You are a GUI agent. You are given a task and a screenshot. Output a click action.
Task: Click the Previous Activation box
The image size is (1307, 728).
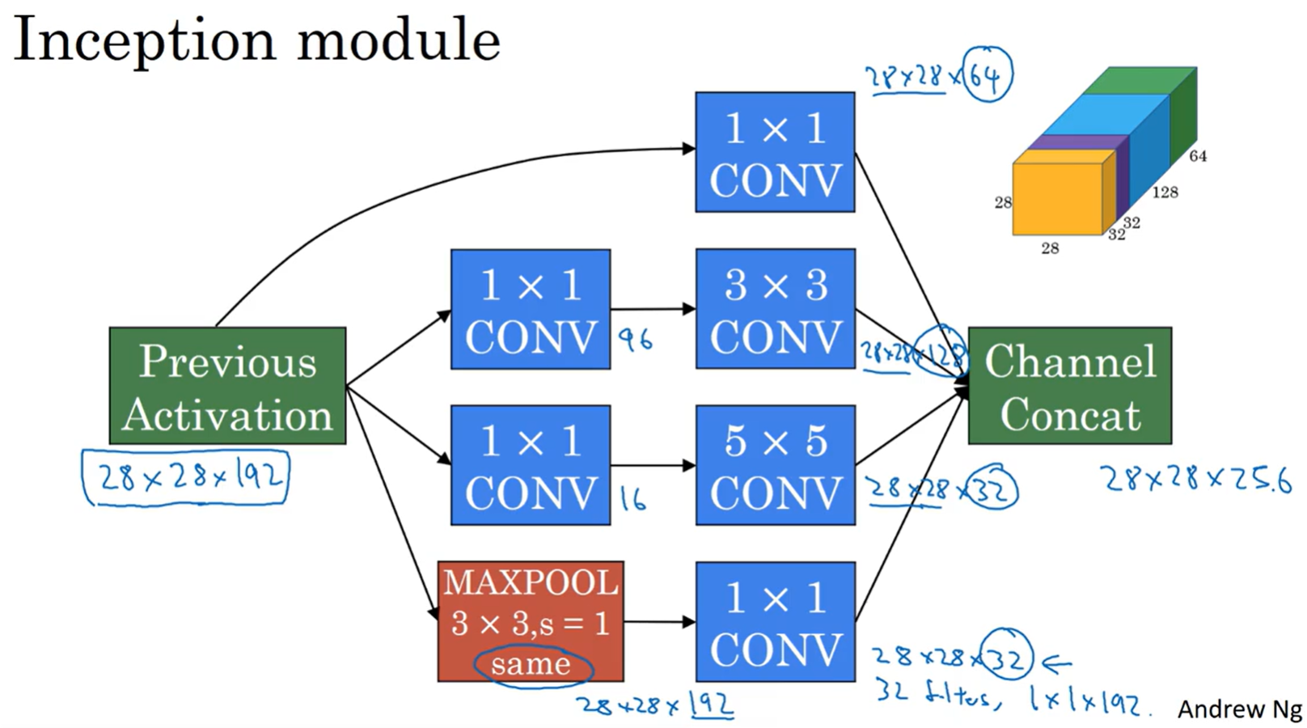[x=227, y=386]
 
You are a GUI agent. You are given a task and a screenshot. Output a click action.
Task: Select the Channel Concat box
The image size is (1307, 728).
[x=1069, y=386]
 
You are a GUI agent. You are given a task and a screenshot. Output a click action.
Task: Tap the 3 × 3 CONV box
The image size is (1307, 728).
[x=775, y=309]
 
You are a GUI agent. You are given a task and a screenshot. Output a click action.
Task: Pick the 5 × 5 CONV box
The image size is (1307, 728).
[x=775, y=465]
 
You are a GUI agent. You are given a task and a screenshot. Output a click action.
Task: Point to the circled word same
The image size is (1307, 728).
[x=531, y=665]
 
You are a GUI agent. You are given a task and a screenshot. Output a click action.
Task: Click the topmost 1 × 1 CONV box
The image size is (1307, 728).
[x=775, y=152]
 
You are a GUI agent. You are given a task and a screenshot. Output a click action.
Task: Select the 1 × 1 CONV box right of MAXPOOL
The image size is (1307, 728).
[x=775, y=621]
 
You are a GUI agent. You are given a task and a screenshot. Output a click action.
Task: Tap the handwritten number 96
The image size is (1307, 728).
[x=636, y=340]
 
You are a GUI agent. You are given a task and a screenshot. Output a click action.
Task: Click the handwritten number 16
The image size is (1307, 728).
[x=633, y=499]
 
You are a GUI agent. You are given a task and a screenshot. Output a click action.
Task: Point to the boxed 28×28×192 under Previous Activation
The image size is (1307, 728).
[x=186, y=477]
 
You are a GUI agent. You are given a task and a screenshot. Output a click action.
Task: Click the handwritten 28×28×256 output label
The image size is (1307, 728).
[x=1195, y=480]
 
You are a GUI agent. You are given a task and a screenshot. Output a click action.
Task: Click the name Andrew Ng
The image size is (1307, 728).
[x=1238, y=709]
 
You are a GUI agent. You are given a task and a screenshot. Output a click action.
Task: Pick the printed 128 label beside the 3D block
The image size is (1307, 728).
[x=1165, y=193]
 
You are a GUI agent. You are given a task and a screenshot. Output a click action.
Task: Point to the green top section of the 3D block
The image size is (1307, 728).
[x=1140, y=81]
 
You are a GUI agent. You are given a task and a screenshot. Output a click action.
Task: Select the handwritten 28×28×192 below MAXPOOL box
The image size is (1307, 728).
[x=655, y=705]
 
